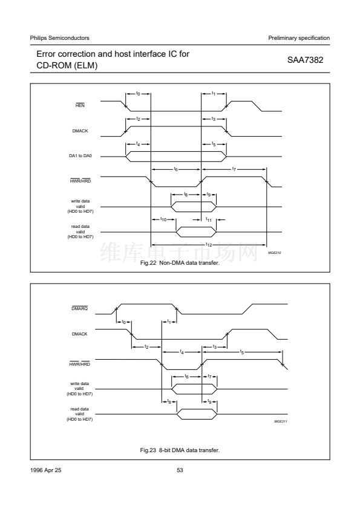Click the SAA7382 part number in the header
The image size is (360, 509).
coord(305,60)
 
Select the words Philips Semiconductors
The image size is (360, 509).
coord(59,38)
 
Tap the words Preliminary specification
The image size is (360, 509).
coord(299,38)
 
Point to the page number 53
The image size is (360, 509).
coord(180,470)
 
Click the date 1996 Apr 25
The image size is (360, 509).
coord(45,470)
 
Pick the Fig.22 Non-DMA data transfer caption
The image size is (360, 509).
coord(180,262)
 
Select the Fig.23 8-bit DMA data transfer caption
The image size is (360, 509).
coord(180,450)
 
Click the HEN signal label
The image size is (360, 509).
coord(80,106)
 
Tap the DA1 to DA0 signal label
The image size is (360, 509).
coord(80,156)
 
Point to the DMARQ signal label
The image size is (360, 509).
coord(80,308)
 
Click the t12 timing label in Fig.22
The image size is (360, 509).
coord(209,245)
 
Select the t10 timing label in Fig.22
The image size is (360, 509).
coord(163,219)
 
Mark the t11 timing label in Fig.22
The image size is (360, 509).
coord(209,220)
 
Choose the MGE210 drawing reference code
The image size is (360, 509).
coord(275,253)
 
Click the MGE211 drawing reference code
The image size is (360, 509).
coord(281,421)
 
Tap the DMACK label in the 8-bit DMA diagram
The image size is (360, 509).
coord(80,334)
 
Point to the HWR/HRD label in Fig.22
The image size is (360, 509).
coord(80,181)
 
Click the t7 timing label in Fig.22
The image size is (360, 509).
coord(234,169)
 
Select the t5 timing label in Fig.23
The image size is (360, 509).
coord(242,352)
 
